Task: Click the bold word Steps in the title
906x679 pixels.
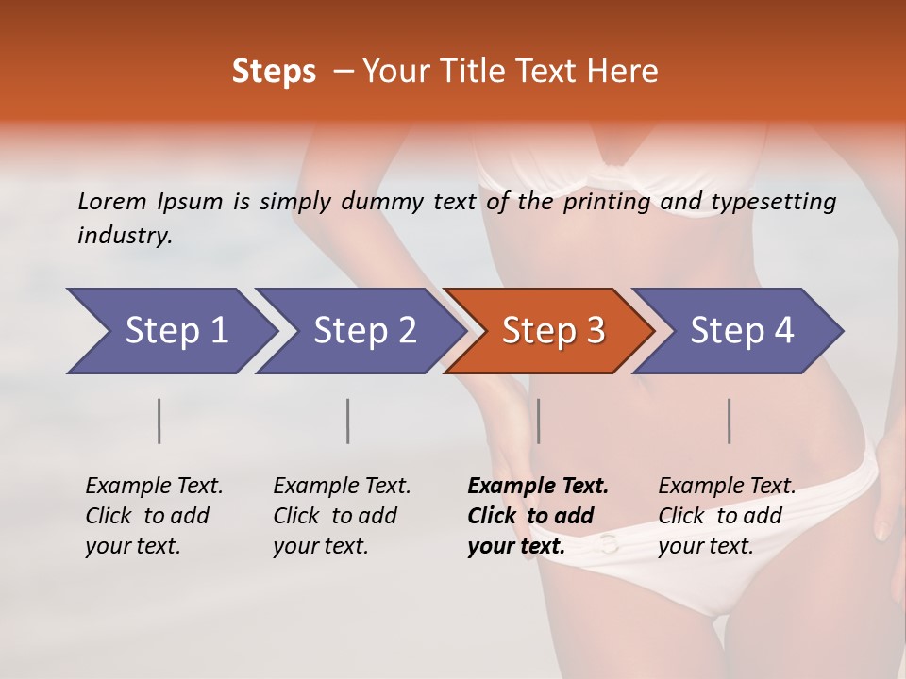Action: pos(274,72)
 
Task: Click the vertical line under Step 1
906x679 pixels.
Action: pos(159,421)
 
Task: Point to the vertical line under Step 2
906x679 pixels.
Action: pos(348,421)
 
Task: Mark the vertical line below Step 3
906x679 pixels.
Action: pos(538,421)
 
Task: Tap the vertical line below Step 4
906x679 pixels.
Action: pos(729,421)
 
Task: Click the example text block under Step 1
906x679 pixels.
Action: pos(154,516)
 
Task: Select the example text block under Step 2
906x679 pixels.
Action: pos(342,516)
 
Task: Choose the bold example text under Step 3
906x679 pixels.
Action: pos(538,516)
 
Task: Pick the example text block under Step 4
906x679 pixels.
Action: pos(727,516)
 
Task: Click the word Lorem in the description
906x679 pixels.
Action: pos(112,201)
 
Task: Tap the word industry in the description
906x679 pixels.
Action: pos(125,236)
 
